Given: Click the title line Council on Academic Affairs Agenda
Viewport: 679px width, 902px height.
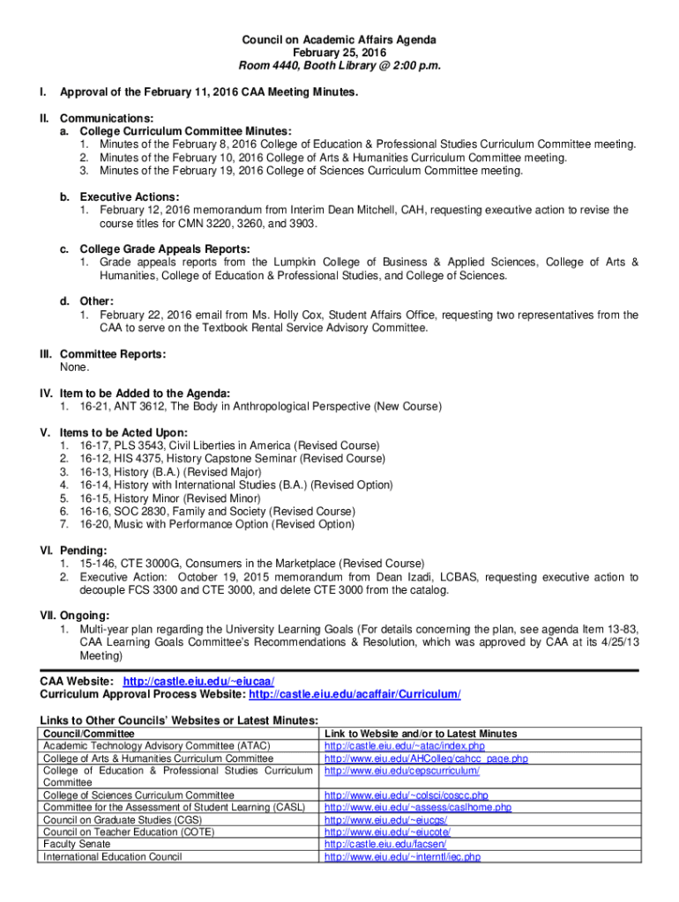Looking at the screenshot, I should click(339, 41).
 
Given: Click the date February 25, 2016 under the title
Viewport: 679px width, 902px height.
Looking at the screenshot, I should click(339, 53).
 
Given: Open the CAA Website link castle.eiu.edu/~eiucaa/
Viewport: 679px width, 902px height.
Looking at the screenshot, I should click(198, 682).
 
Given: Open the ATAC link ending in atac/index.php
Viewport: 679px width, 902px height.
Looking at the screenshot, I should click(404, 746).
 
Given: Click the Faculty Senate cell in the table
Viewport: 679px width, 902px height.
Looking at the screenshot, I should click(78, 844).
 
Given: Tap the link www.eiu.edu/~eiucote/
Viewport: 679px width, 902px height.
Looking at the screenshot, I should click(387, 832).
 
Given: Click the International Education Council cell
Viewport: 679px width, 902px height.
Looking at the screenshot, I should click(113, 856).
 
